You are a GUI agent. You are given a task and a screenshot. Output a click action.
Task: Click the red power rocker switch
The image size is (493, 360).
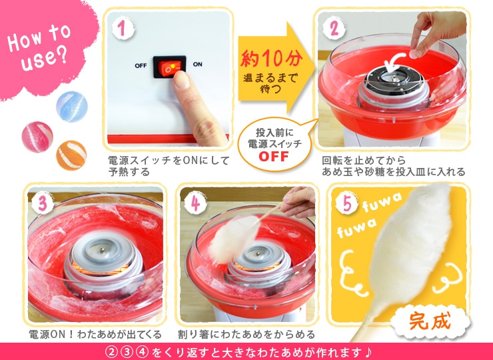169,67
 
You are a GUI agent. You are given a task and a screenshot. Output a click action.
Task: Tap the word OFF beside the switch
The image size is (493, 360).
141,66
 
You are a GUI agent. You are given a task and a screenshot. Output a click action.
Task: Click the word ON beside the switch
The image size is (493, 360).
197,65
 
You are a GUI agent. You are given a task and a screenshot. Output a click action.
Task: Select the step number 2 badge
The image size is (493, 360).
334,28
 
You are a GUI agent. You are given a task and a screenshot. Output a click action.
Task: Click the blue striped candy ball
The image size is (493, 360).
72,107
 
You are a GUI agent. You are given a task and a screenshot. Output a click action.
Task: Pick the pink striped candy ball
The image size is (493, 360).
37,137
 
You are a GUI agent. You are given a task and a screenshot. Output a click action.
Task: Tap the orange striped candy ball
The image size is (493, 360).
71,155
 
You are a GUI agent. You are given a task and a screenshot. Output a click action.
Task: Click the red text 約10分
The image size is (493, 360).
272,59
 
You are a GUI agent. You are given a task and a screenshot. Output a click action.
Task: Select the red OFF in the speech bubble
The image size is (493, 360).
274,157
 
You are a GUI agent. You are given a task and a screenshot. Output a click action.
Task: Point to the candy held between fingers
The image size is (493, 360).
414,54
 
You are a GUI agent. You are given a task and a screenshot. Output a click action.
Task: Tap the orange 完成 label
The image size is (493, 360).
430,321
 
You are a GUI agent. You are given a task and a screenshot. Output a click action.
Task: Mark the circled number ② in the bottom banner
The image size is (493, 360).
111,351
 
